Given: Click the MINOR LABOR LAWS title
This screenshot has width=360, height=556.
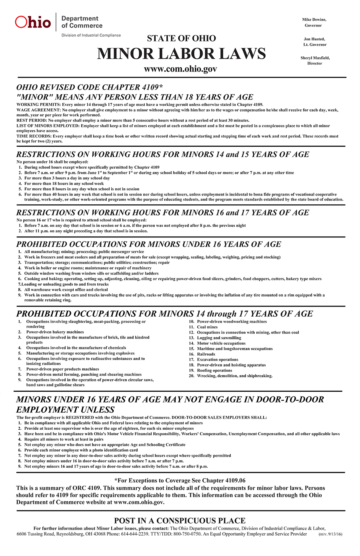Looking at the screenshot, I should (181, 54).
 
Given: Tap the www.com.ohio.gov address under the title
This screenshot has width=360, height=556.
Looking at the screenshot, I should (180, 69).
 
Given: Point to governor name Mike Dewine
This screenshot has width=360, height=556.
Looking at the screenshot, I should (314, 20).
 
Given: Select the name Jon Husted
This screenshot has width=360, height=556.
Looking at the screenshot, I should (314, 39).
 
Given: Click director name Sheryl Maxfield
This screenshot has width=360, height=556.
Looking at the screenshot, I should (315, 58).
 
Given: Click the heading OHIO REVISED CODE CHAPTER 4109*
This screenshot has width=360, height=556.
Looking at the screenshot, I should (90, 88).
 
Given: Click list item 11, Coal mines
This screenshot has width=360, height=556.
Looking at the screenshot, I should (207, 327).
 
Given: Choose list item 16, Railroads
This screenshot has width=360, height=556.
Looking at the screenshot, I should (206, 354).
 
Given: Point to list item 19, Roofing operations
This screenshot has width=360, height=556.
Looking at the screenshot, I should (214, 371).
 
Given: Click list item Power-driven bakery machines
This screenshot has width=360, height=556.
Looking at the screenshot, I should (55, 332).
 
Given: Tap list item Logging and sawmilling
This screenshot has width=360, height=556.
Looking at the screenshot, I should (219, 338).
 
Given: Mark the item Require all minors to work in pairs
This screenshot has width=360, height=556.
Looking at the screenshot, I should (64, 439).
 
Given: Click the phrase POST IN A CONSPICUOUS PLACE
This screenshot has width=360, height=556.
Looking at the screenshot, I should (180, 520).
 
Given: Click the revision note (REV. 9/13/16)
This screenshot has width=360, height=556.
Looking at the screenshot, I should (330, 534).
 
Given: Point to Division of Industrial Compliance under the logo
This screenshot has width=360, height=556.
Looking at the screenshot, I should (91, 35).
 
